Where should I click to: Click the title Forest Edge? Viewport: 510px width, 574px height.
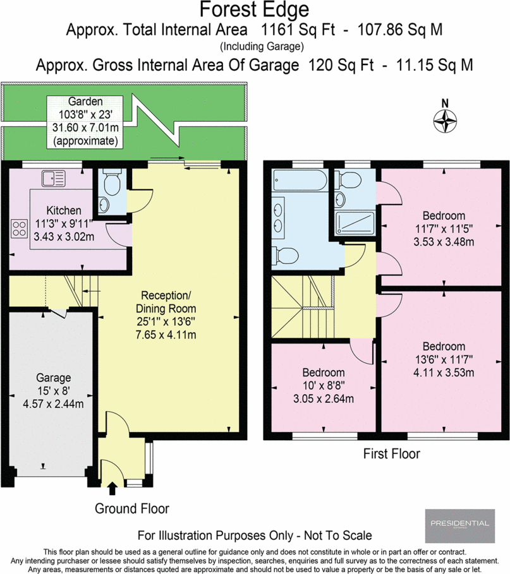click(254, 10)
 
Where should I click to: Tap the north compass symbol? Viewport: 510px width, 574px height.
click(446, 119)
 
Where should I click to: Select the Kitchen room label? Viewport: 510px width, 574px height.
click(63, 210)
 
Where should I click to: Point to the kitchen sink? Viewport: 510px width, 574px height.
click(53, 179)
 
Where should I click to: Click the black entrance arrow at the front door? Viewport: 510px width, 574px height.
click(113, 488)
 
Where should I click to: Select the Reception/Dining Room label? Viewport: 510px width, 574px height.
click(168, 302)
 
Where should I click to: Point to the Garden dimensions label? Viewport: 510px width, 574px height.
click(85, 121)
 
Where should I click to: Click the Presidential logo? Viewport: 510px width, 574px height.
click(459, 523)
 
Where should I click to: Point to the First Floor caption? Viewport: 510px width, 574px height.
click(391, 453)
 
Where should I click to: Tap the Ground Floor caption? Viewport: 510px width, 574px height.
click(132, 508)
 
